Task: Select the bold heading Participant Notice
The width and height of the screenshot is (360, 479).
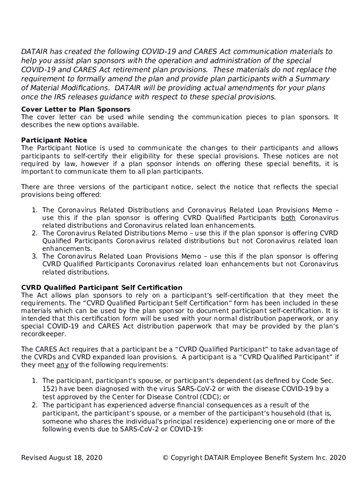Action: [54, 140]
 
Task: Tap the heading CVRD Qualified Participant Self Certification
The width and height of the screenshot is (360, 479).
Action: [102, 288]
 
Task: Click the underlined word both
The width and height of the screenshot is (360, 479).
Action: [288, 218]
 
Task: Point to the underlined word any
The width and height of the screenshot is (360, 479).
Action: [62, 365]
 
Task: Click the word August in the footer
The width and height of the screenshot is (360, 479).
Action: [64, 457]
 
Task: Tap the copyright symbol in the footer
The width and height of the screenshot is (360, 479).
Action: [166, 457]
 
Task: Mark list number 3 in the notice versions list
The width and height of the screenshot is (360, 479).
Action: [35, 256]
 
